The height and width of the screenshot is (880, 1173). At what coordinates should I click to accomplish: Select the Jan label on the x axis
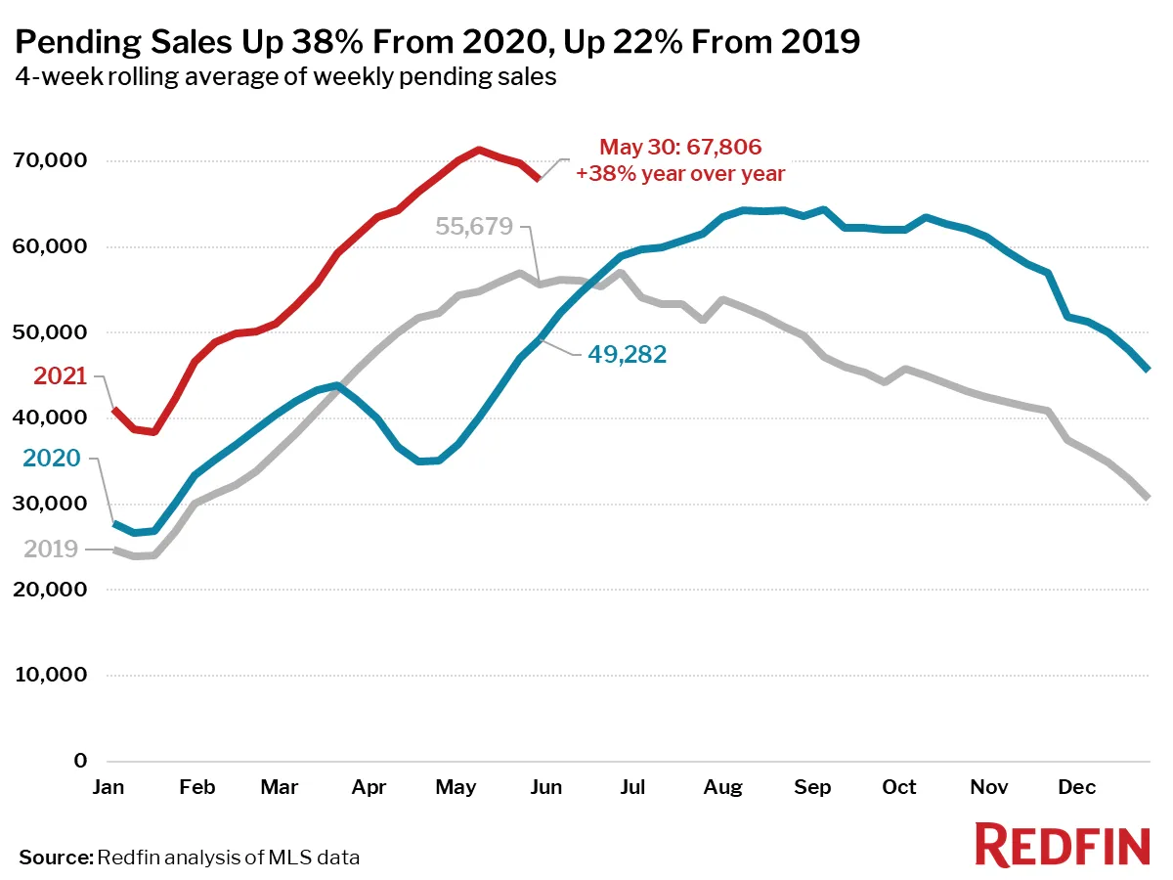point(109,787)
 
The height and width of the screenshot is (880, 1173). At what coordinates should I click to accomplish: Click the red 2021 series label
point(61,376)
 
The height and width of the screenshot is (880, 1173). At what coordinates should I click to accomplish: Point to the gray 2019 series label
point(51,550)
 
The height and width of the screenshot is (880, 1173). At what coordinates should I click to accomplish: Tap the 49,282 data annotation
point(627,355)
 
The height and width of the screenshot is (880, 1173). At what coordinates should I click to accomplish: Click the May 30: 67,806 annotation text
point(680,148)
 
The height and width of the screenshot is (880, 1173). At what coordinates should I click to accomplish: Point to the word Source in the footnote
point(55,858)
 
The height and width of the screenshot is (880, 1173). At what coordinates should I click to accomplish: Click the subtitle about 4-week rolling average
point(285,77)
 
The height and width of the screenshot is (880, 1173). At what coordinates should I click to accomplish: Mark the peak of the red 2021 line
point(478,150)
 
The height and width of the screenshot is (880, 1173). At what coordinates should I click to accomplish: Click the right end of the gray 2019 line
point(1148,498)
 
